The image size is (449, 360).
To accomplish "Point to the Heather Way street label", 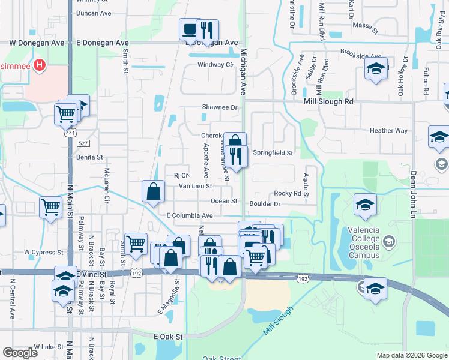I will point(388,131).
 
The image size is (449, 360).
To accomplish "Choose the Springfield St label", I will point(272,153).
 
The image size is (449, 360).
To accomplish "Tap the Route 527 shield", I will point(83,143).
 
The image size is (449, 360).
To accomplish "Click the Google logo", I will point(20,353).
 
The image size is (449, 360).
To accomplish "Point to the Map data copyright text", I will point(411,355).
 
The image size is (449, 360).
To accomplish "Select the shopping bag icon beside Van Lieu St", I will point(154,192).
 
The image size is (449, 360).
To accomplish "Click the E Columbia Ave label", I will point(190,215).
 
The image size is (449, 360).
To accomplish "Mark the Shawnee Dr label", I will point(219,107).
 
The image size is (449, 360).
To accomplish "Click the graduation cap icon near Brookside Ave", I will point(376,70).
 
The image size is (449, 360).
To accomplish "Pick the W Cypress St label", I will point(43,253).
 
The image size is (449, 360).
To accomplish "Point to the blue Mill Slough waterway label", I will point(277,321).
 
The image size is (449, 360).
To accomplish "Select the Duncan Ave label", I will point(94,13).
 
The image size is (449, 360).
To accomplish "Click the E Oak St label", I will point(168,337).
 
